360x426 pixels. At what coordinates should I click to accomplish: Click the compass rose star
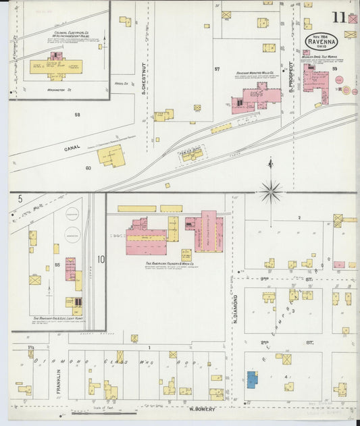[x=271, y=192]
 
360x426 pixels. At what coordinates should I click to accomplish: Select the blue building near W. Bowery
[x=251, y=379]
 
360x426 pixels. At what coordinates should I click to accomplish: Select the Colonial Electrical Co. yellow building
[x=55, y=66]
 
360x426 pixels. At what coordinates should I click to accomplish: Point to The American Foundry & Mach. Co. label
[x=168, y=264]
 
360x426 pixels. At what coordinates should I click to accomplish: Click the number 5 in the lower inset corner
[x=20, y=199]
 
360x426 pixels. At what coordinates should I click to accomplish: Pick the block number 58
[x=77, y=115]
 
